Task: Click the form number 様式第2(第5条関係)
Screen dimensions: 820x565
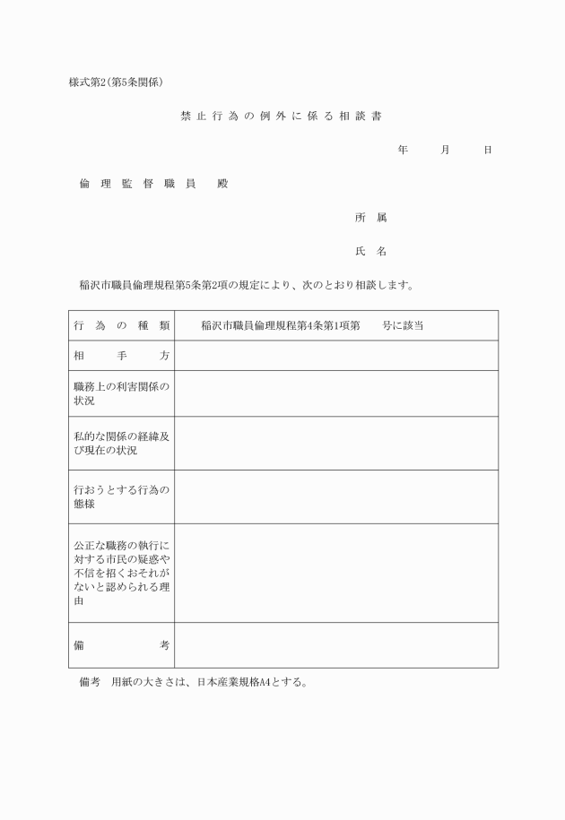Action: coord(116,82)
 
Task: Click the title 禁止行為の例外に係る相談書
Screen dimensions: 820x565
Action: coord(282,117)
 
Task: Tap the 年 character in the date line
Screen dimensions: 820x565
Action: coord(403,150)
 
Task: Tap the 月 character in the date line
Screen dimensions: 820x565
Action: coord(445,150)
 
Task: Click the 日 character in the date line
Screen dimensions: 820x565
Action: coord(487,150)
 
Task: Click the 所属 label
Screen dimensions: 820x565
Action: coord(370,218)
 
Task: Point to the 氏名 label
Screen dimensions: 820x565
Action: coord(370,252)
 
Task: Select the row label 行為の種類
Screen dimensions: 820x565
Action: coord(122,325)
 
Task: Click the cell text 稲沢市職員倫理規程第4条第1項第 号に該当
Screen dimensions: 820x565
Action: coord(311,325)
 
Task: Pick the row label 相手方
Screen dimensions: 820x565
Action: coord(122,356)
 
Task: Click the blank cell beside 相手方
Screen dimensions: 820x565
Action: coord(336,356)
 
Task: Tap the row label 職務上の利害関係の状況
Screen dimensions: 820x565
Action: coord(122,393)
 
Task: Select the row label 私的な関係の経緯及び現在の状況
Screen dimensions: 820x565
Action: coord(122,443)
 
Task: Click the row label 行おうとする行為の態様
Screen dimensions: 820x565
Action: coord(122,496)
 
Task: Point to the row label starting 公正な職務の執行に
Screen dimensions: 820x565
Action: coord(122,573)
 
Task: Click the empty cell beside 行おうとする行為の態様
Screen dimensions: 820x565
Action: coord(336,496)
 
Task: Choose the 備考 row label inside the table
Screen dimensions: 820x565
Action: coord(122,645)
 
